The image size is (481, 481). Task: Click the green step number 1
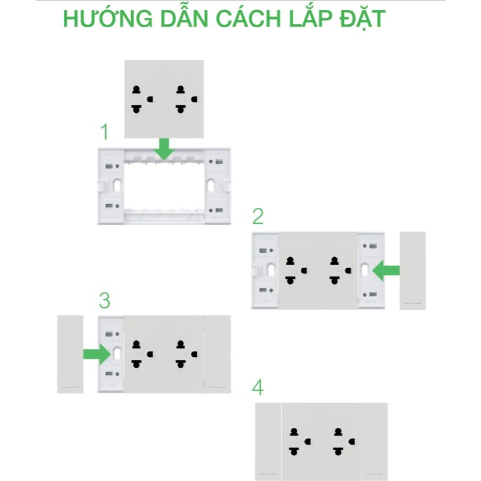pyautogui.click(x=104, y=131)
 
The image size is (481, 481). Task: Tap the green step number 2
pyautogui.click(x=258, y=217)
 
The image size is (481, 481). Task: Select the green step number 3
pyautogui.click(x=104, y=301)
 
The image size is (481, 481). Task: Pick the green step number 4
pyautogui.click(x=257, y=388)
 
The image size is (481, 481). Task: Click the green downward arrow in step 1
pyautogui.click(x=164, y=149)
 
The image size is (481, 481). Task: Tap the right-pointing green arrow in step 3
pyautogui.click(x=96, y=354)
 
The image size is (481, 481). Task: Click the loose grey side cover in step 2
pyautogui.click(x=412, y=270)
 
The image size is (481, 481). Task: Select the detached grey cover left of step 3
pyautogui.click(x=70, y=354)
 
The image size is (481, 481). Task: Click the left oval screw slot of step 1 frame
pyautogui.click(x=118, y=186)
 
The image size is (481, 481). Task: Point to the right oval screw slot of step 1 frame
pyautogui.click(x=210, y=186)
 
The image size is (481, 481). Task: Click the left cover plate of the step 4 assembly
pyautogui.click(x=268, y=441)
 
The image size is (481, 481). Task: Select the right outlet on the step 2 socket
pyautogui.click(x=339, y=270)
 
